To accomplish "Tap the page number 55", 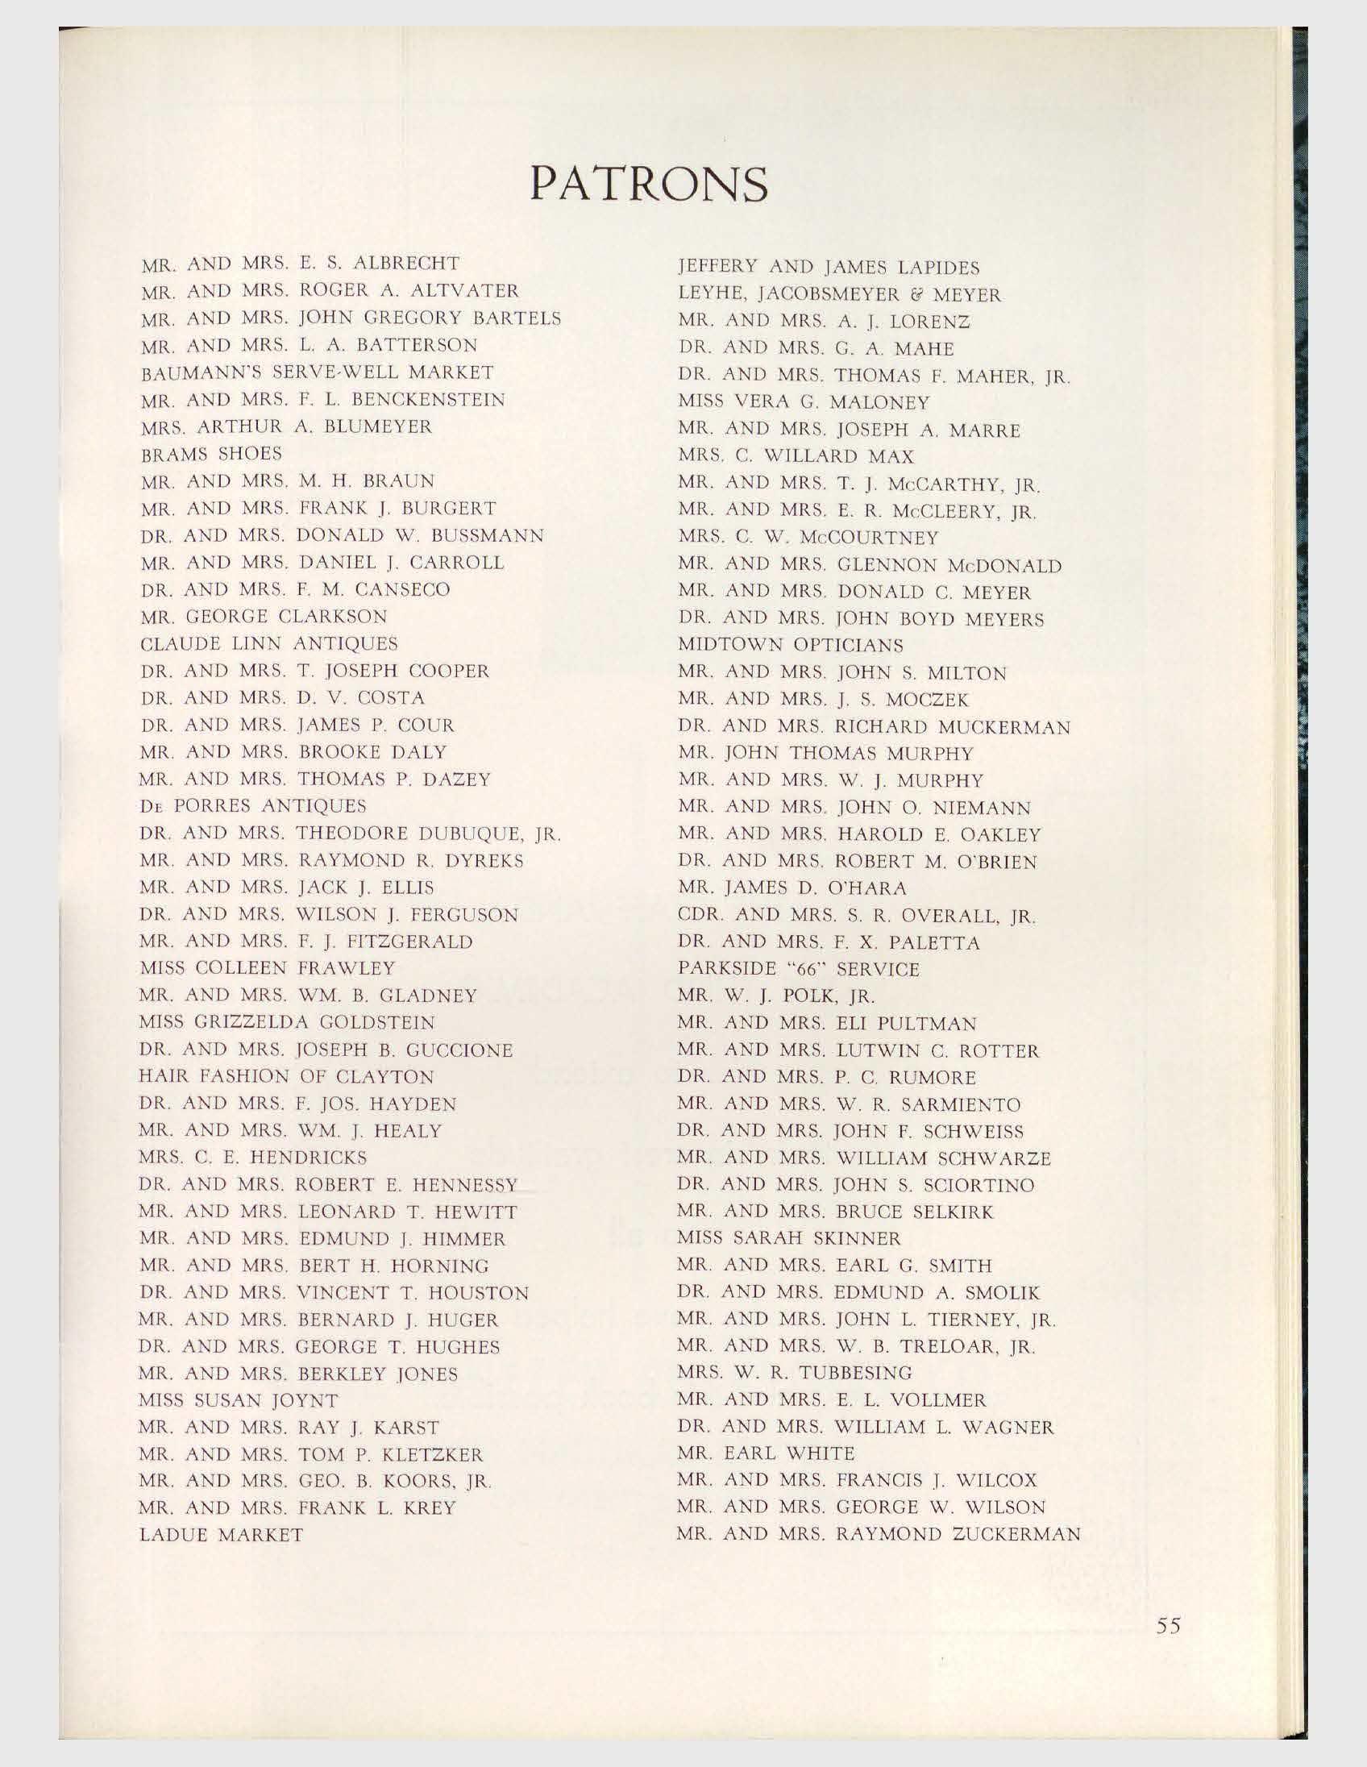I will (x=1169, y=1625).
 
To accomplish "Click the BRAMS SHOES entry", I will (x=211, y=453).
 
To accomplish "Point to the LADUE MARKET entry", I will (x=222, y=1535).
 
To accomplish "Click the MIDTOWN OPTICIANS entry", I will (x=790, y=646).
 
